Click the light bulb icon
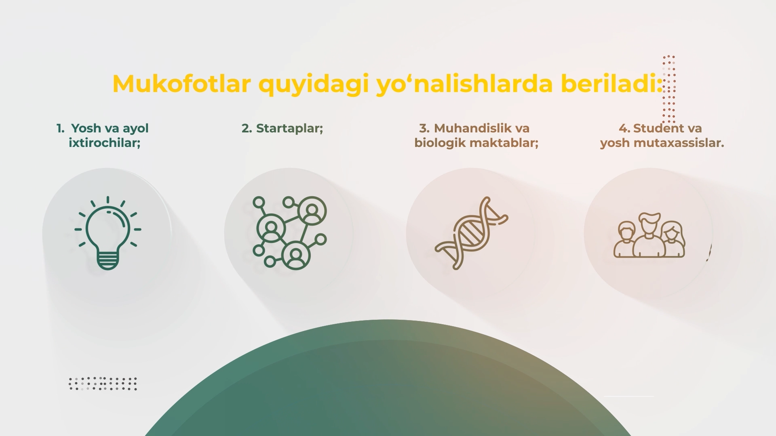click(108, 233)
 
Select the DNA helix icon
click(471, 233)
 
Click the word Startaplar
click(289, 128)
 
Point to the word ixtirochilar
click(104, 143)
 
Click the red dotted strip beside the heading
click(669, 89)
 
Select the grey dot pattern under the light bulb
click(103, 384)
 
